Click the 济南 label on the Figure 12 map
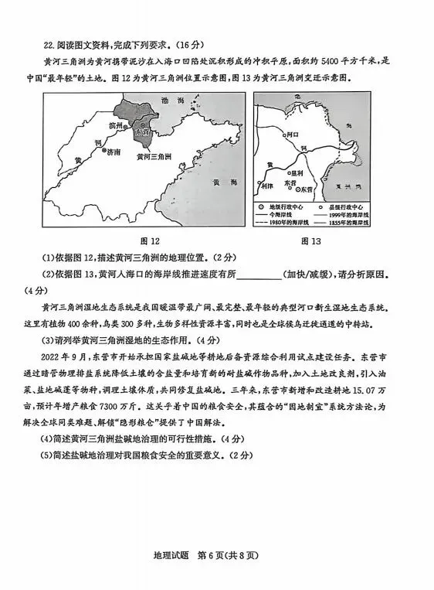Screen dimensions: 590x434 tap(114, 152)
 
